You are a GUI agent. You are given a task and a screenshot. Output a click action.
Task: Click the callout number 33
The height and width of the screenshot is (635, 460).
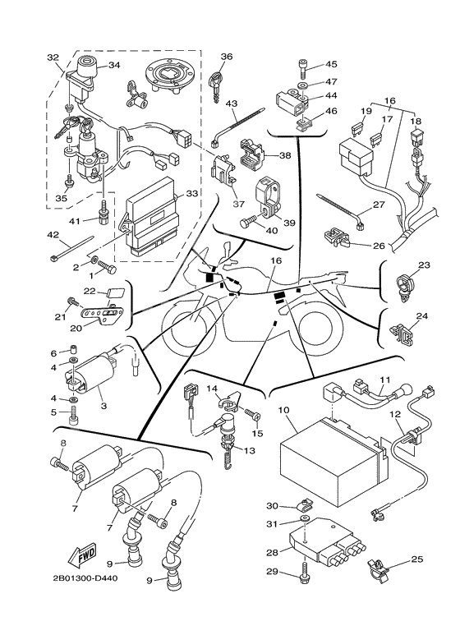point(191,194)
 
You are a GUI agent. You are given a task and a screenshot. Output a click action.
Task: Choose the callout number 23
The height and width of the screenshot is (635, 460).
point(424,265)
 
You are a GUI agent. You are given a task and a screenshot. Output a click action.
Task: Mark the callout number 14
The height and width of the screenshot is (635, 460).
point(211,389)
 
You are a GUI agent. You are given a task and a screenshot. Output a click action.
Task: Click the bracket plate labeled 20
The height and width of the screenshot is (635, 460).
point(104,315)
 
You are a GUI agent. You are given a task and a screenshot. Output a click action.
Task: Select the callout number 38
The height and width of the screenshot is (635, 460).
point(285,154)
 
